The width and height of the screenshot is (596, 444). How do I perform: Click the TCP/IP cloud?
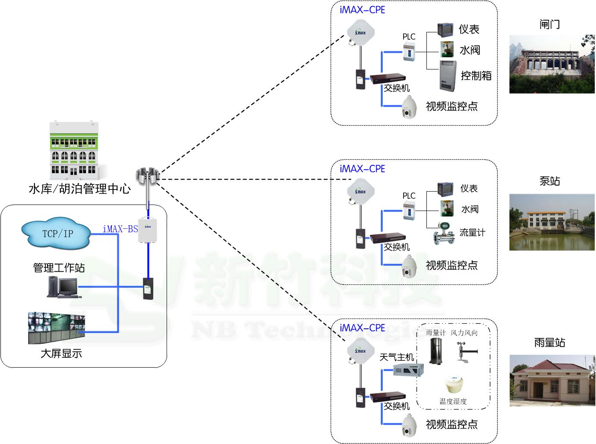point(56,234)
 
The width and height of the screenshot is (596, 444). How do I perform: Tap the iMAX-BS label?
point(120,229)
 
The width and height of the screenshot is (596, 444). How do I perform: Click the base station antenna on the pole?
point(148,176)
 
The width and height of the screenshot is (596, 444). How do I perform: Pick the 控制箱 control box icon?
point(448,76)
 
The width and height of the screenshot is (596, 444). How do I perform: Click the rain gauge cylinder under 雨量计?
point(435,351)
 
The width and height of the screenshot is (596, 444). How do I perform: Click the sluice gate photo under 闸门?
point(552,64)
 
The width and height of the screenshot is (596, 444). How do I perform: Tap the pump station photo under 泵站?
point(552,222)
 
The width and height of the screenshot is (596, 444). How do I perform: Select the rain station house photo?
point(552,381)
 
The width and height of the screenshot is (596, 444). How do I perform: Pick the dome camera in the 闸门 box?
point(409,107)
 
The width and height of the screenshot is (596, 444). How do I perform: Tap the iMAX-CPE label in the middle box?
point(362,169)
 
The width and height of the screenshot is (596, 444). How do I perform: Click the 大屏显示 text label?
point(61,354)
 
